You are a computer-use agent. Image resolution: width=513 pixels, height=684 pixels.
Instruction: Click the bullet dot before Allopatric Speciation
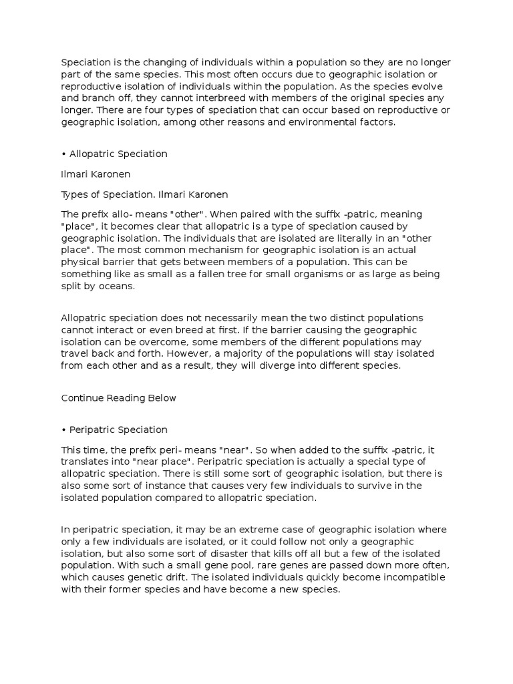click(63, 154)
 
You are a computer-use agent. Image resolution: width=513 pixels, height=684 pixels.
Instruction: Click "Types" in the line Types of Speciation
click(75, 194)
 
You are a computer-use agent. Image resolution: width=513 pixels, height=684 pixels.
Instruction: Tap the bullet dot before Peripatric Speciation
click(63, 430)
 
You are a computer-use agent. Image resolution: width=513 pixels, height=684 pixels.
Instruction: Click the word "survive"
click(365, 486)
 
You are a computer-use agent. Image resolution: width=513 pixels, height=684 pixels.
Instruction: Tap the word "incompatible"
click(399, 577)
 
